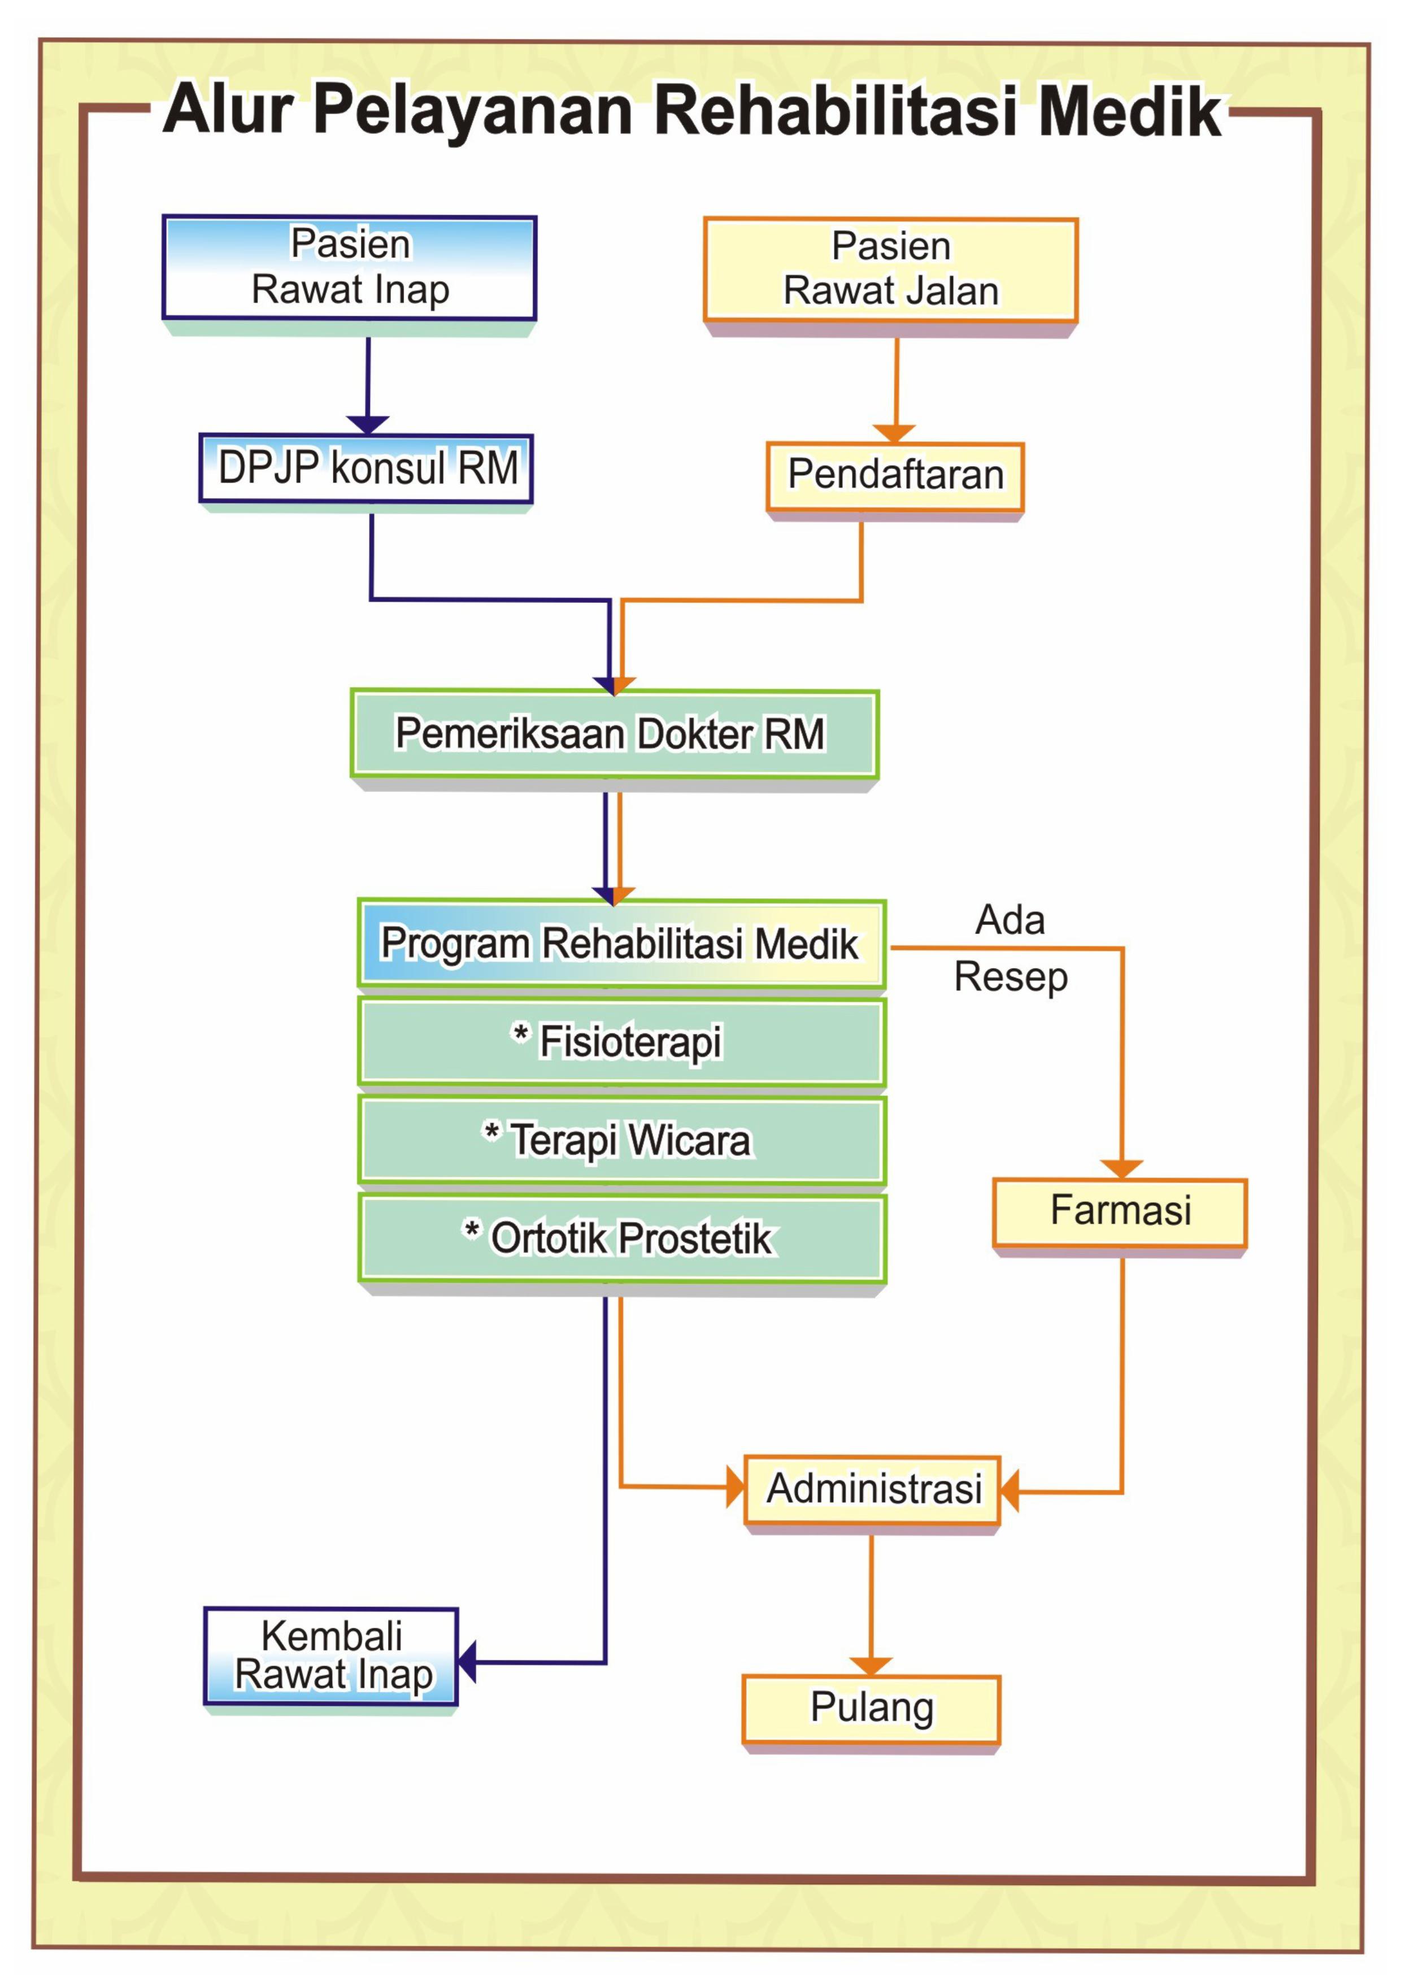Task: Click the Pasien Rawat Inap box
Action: (x=350, y=268)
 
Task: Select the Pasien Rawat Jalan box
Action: (x=891, y=270)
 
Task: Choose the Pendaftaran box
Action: (x=895, y=476)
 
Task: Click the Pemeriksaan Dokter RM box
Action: (x=615, y=734)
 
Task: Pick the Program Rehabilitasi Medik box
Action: (x=621, y=944)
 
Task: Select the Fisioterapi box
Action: (x=621, y=1041)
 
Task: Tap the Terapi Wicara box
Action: (x=621, y=1140)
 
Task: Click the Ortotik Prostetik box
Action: (x=621, y=1238)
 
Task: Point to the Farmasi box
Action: (x=1120, y=1212)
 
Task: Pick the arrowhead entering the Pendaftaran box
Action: (x=895, y=433)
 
